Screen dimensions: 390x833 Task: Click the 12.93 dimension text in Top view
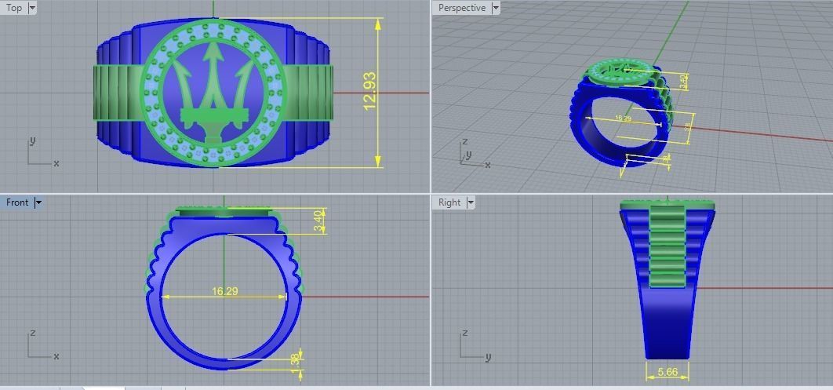370,92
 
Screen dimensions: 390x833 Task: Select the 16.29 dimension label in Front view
225,291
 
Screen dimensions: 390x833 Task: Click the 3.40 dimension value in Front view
318,221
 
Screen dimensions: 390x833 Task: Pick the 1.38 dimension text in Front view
295,360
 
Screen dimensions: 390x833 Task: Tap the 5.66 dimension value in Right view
667,372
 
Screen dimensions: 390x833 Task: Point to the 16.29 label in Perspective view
623,118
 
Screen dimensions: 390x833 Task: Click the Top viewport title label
14,8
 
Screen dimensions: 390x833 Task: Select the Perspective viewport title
461,8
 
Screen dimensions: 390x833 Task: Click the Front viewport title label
16,202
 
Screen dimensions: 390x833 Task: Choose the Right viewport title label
449,202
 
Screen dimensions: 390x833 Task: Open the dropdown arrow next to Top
32,8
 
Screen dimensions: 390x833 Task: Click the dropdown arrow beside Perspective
495,8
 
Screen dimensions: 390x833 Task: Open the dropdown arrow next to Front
38,202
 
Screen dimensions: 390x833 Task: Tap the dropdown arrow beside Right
471,202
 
